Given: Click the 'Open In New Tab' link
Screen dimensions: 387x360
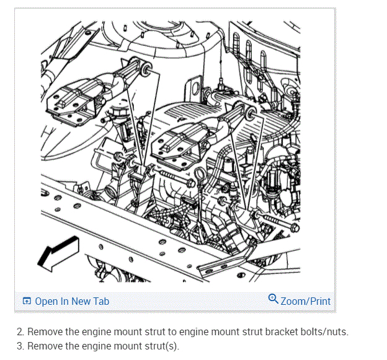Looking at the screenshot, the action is (x=71, y=301).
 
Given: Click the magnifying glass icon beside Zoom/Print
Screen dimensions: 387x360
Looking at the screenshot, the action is (x=274, y=300).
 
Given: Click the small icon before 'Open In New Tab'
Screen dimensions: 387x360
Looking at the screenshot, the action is (x=27, y=302).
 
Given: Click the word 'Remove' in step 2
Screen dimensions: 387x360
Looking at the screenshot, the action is (x=45, y=331).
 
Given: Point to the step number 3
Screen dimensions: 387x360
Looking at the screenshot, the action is (x=20, y=346).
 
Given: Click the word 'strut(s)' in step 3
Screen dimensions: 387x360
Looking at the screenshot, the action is (x=162, y=346).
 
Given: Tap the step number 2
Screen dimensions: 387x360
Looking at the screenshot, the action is (x=20, y=331).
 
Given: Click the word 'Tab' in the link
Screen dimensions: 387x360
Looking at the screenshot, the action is (x=101, y=301).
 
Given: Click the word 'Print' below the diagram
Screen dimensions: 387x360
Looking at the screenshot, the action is (x=319, y=301).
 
